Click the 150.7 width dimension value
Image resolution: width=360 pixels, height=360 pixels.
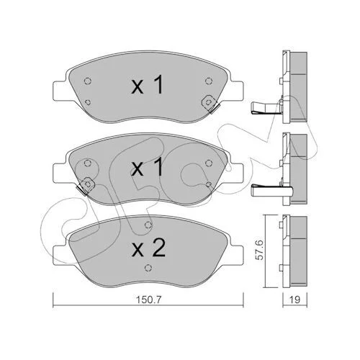point(148,300)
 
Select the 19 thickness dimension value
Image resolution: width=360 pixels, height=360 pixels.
point(295,300)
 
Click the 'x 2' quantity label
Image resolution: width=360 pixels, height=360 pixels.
point(148,249)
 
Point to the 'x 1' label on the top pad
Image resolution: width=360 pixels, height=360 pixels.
point(148,85)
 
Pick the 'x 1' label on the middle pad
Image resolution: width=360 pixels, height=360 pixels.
point(148,167)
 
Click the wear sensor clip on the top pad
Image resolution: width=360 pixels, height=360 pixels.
point(209,104)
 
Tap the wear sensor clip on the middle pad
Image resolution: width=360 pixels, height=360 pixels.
point(86,186)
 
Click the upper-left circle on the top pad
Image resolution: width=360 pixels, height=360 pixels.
point(88,81)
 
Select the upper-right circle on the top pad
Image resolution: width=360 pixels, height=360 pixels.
point(209,81)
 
